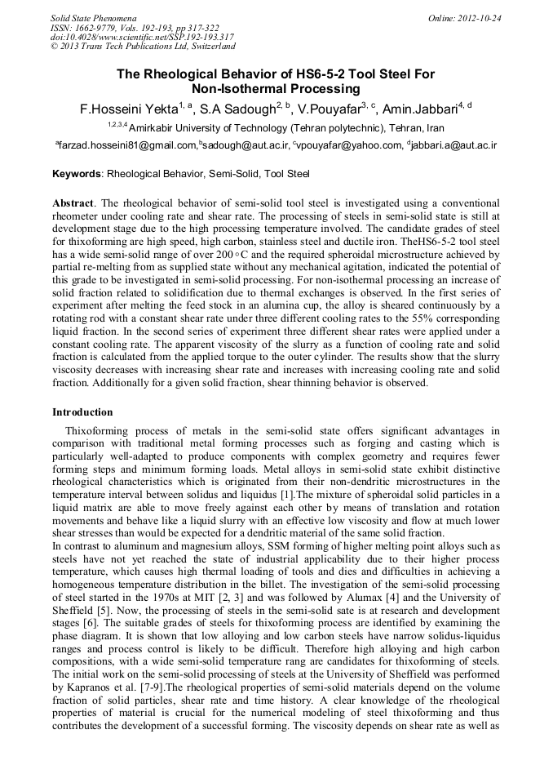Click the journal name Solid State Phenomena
point(93,17)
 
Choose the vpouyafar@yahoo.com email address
point(350,145)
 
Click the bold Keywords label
point(77,174)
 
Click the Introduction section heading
point(82,412)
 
